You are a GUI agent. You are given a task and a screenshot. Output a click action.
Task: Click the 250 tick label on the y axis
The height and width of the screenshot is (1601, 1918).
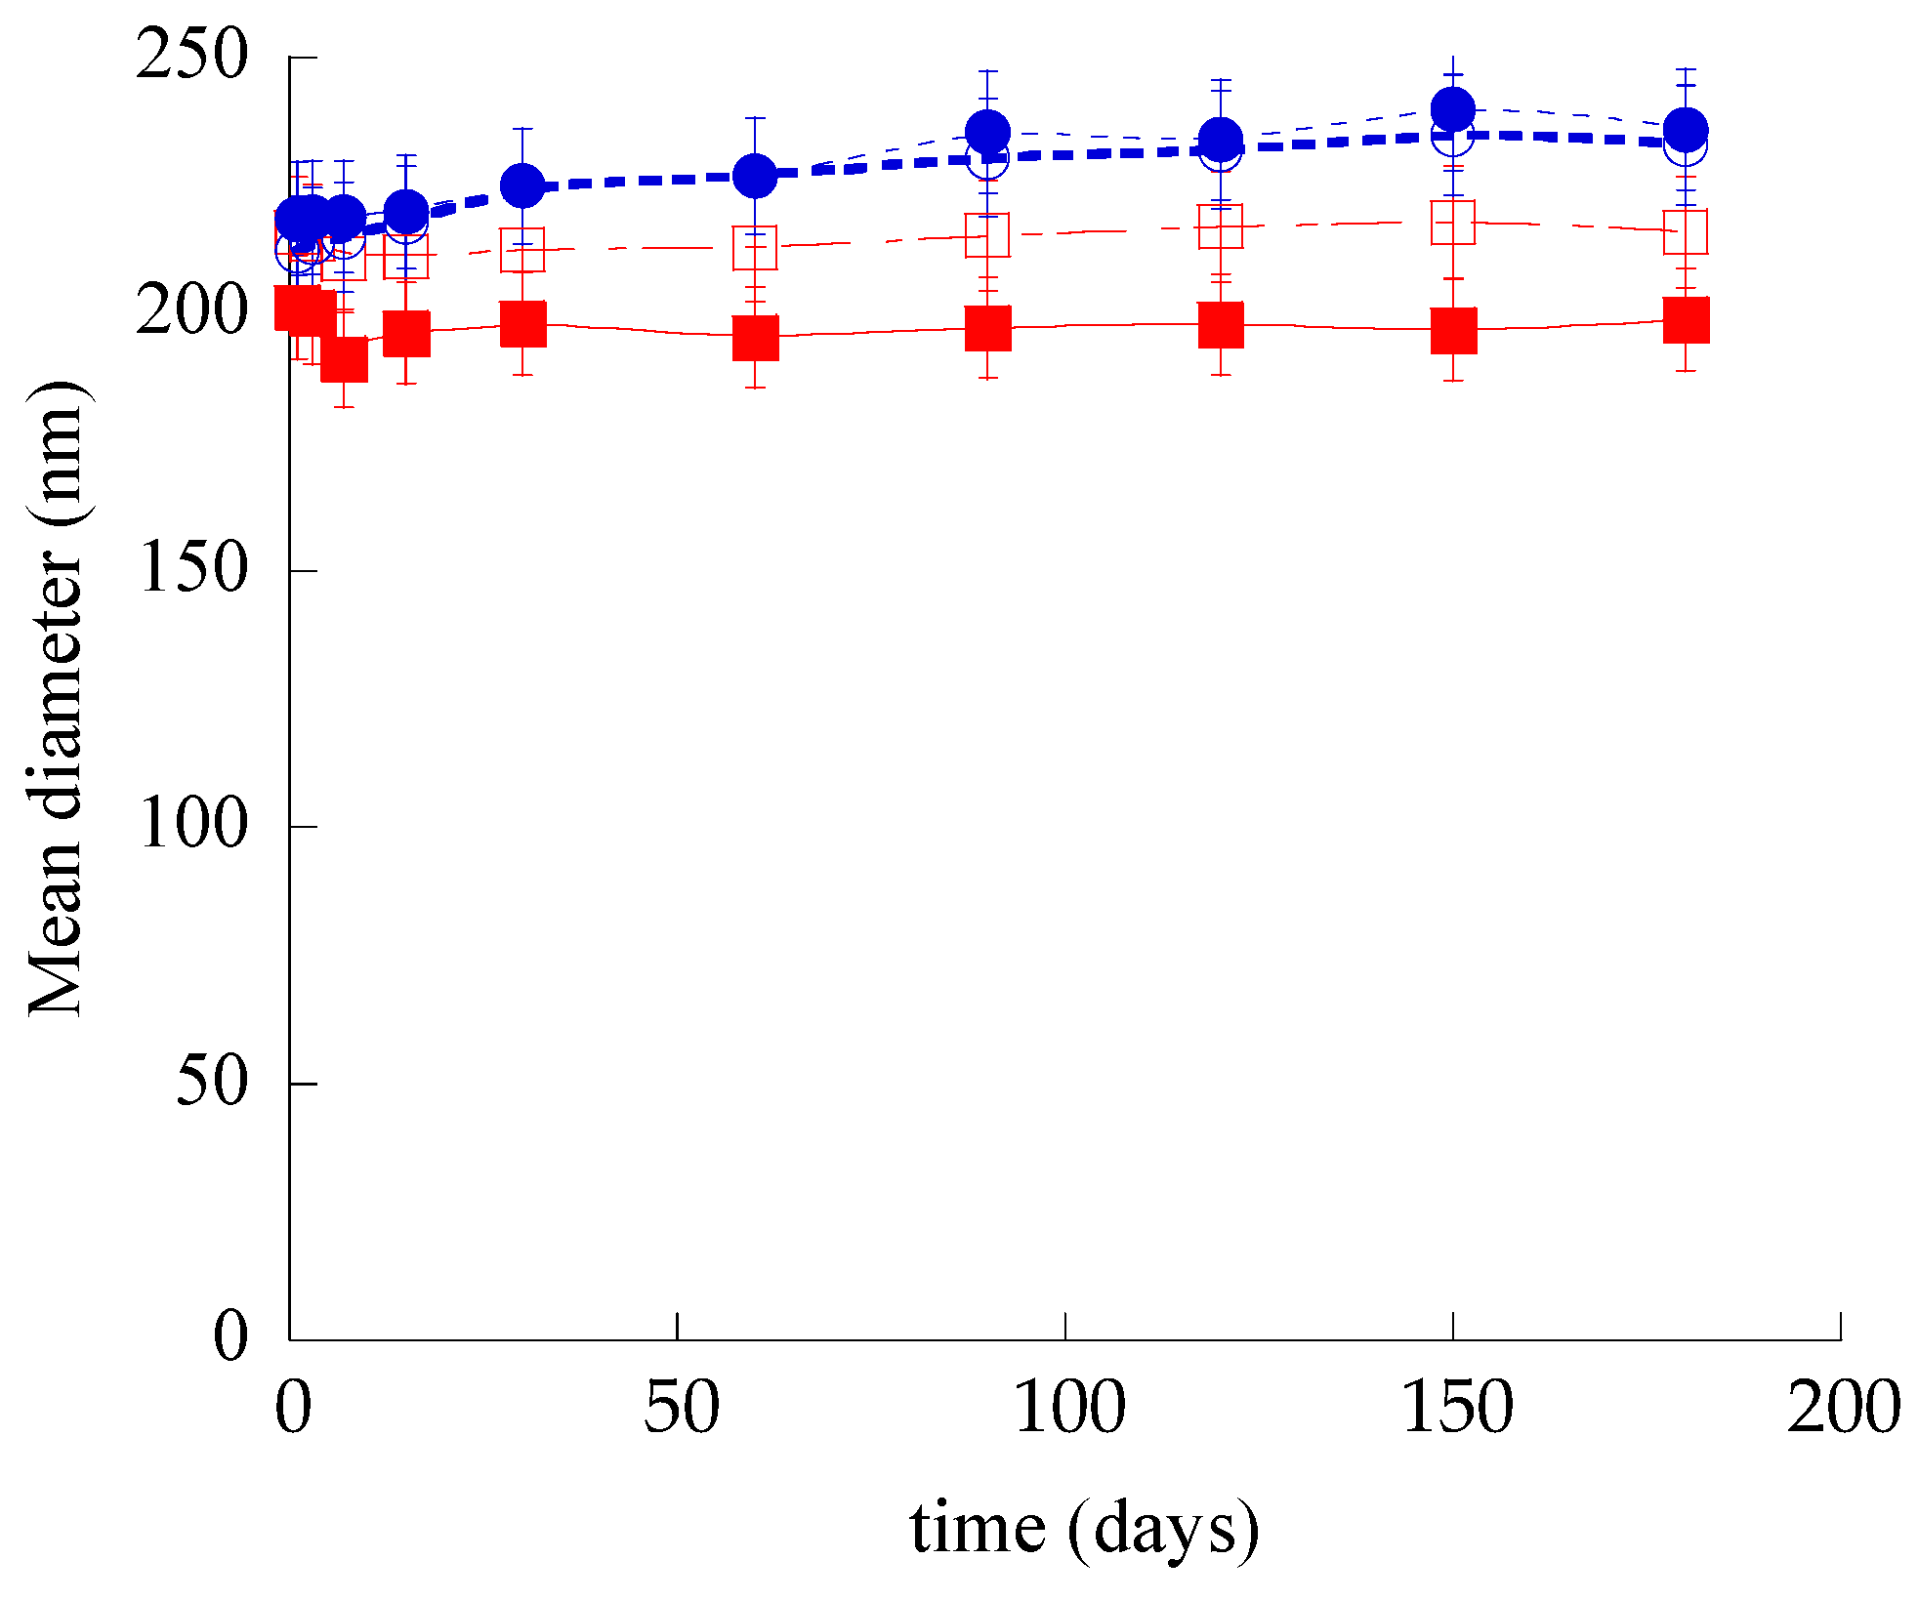pyautogui.click(x=191, y=55)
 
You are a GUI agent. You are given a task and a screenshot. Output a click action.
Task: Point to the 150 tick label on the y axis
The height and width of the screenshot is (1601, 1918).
pyautogui.click(x=191, y=568)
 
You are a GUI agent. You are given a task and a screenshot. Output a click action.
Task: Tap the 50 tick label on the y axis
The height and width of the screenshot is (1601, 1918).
pyautogui.click(x=211, y=1082)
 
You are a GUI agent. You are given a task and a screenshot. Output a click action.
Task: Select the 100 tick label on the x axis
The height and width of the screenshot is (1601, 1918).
pyautogui.click(x=1067, y=1409)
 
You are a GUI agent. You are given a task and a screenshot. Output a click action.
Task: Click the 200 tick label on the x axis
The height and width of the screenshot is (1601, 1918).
pyautogui.click(x=1843, y=1409)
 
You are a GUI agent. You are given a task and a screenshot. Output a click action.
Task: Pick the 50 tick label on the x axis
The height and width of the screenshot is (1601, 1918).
pyautogui.click(x=681, y=1409)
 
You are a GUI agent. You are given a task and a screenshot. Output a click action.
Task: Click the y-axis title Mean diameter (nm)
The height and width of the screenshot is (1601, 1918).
pyautogui.click(x=57, y=699)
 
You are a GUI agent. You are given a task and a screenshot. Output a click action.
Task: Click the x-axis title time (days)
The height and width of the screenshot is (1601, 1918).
pyautogui.click(x=1084, y=1529)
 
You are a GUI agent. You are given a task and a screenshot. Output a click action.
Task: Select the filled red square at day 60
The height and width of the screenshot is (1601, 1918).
pyautogui.click(x=755, y=338)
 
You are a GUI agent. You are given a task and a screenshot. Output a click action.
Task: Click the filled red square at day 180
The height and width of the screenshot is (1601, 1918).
pyautogui.click(x=1686, y=320)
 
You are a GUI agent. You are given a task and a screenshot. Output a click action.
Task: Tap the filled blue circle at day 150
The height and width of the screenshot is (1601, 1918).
pyautogui.click(x=1453, y=108)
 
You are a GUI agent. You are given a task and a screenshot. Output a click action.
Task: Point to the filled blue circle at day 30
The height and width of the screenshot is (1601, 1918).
pyautogui.click(x=522, y=185)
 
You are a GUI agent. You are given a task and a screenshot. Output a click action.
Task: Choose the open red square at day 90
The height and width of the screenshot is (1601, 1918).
pyautogui.click(x=987, y=235)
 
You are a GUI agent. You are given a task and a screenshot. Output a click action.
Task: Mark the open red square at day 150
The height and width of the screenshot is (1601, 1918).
pyautogui.click(x=1453, y=223)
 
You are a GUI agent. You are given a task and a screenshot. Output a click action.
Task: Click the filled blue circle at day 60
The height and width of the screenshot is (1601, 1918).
pyautogui.click(x=755, y=176)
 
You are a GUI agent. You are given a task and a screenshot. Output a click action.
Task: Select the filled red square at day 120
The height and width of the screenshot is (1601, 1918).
pyautogui.click(x=1221, y=325)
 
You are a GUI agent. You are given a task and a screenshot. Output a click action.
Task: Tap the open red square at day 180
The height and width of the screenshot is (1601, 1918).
pyautogui.click(x=1686, y=231)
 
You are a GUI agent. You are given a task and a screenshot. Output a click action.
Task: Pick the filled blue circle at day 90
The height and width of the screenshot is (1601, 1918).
pyautogui.click(x=987, y=131)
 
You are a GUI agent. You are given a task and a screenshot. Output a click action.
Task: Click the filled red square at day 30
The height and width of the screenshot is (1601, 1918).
pyautogui.click(x=522, y=324)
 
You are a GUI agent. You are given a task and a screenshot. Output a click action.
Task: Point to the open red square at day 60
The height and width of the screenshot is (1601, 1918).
pyautogui.click(x=755, y=248)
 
